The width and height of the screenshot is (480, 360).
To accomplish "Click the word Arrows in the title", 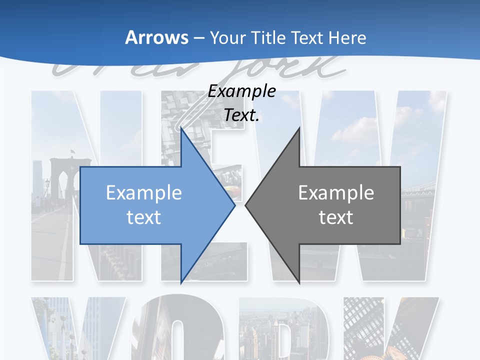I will [x=156, y=37].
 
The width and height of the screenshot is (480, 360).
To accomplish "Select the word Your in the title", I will [x=228, y=37].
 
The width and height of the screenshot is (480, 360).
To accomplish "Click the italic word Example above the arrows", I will [x=242, y=91].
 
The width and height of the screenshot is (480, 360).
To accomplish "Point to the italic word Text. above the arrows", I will [x=242, y=115].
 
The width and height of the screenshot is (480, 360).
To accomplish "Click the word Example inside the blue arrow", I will [x=144, y=192].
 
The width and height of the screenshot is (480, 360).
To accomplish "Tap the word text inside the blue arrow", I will [x=144, y=217].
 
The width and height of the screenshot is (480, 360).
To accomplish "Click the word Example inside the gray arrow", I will [x=336, y=192].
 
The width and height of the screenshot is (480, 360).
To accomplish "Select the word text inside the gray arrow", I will [x=336, y=217].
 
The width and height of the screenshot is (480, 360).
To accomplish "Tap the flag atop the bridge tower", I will [x=73, y=150].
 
